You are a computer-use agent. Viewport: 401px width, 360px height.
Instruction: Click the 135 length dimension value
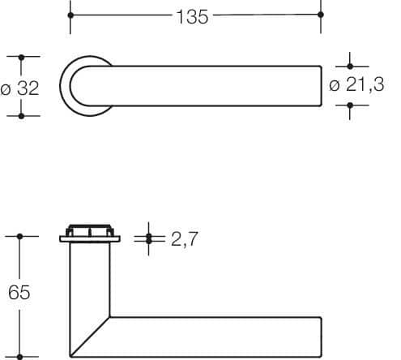pos(192,17)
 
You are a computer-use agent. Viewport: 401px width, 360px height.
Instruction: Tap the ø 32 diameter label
pos(19,88)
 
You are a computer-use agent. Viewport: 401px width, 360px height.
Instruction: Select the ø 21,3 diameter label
pos(356,84)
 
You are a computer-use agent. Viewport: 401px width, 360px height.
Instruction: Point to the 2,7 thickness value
pos(185,239)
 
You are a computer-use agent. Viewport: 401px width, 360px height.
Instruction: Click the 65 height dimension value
pos(19,292)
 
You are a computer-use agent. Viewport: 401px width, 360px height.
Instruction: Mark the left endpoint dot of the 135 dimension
pos(70,15)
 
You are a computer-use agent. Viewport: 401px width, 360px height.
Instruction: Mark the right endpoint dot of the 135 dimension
pos(321,15)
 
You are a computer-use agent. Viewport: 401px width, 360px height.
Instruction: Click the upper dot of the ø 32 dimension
pos(21,58)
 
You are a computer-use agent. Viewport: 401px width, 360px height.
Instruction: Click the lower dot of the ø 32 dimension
pos(21,116)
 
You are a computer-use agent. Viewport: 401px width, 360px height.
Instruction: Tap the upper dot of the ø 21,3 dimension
pos(350,66)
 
